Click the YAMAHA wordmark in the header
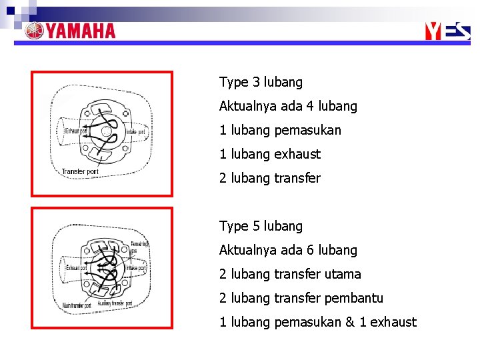click(81, 31)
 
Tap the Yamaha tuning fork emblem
click(35, 31)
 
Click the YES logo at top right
click(447, 31)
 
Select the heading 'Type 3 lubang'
click(261, 82)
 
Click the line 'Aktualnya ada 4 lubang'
click(288, 106)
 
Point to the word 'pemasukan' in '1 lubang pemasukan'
click(307, 130)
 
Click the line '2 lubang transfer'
click(269, 178)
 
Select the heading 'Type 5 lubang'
click(261, 226)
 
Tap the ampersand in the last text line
click(350, 322)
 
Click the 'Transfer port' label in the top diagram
click(79, 172)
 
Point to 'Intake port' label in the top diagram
click(136, 131)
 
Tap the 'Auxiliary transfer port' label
click(115, 303)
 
